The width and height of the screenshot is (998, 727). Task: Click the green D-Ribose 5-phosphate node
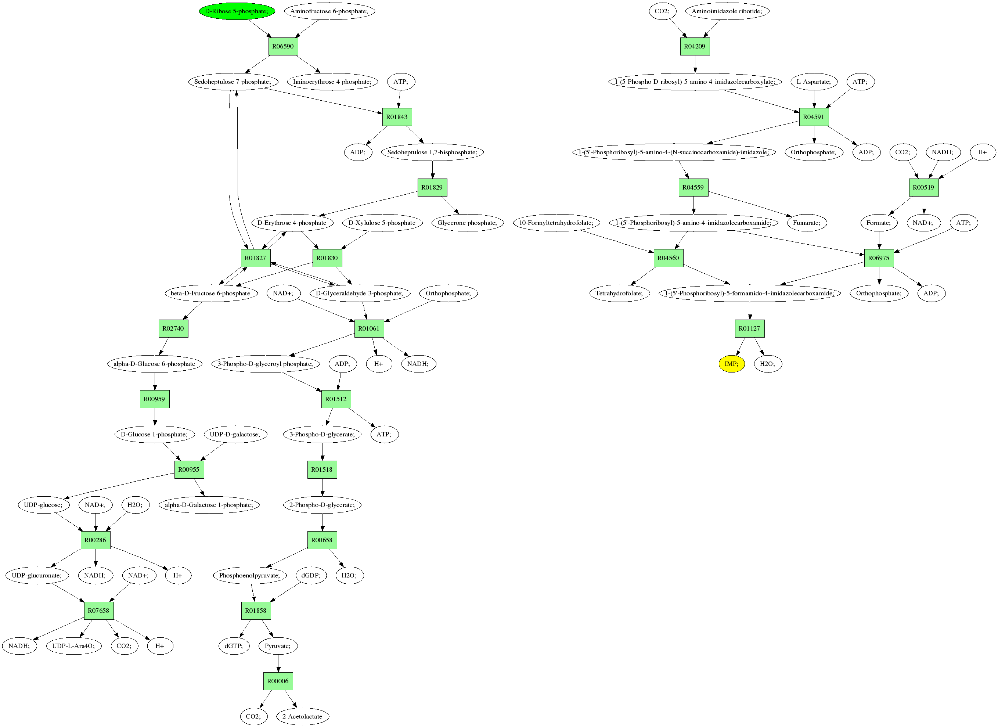pos(237,11)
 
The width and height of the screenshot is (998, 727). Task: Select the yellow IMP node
pos(731,364)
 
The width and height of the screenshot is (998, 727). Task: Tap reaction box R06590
pos(283,46)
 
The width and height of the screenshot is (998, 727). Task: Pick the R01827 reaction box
pos(256,258)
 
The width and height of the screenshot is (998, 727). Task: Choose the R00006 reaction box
pos(278,681)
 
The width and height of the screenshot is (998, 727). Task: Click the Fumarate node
pos(807,223)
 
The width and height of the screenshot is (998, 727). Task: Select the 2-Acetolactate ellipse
pos(302,716)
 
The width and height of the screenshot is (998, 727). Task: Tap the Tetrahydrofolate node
pos(619,293)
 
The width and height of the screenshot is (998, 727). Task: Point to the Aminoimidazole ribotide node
pos(727,11)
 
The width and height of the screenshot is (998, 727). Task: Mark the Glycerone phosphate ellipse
pos(467,223)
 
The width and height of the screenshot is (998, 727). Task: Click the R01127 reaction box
pos(749,328)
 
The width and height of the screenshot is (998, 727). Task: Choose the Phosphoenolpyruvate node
pos(249,575)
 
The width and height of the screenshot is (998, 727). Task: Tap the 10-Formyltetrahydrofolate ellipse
pos(556,223)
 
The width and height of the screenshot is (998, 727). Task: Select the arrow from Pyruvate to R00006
pos(278,663)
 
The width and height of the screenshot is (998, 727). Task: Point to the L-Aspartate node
pos(814,82)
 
